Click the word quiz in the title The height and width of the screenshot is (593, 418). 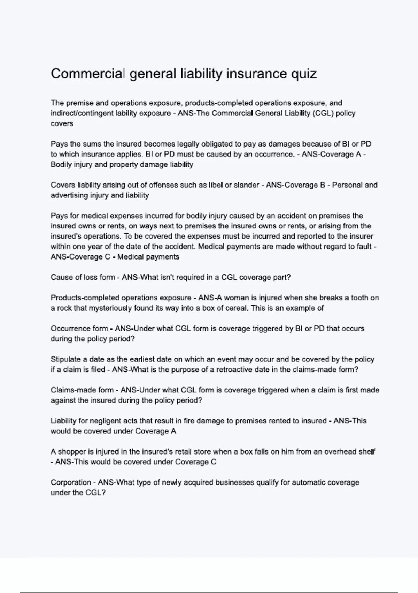pyautogui.click(x=303, y=74)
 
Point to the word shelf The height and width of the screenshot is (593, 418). pyautogui.click(x=367, y=452)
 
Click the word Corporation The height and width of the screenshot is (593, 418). pyautogui.click(x=71, y=482)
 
